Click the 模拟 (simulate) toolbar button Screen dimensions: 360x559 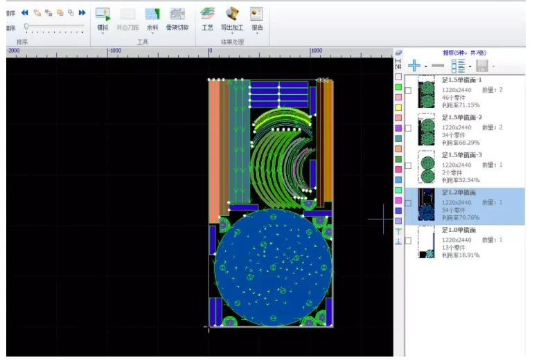(x=103, y=18)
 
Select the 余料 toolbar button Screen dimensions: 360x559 (x=152, y=18)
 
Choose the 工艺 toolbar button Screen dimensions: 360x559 (x=207, y=18)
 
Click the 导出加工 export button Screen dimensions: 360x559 (x=232, y=18)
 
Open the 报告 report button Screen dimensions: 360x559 (x=257, y=18)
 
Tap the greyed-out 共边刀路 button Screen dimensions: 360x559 (x=127, y=18)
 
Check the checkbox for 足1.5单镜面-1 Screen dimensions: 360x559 (x=408, y=91)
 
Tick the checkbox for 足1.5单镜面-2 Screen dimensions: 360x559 (x=408, y=128)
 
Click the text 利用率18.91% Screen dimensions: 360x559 (x=461, y=255)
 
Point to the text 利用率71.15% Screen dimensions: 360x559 (x=461, y=105)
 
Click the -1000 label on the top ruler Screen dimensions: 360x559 (x=114, y=51)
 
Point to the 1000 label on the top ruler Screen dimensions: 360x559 (x=316, y=51)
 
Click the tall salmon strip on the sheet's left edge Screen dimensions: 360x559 (x=213, y=145)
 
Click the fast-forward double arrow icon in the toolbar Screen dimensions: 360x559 (x=82, y=12)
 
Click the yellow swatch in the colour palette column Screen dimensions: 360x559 (x=398, y=108)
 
